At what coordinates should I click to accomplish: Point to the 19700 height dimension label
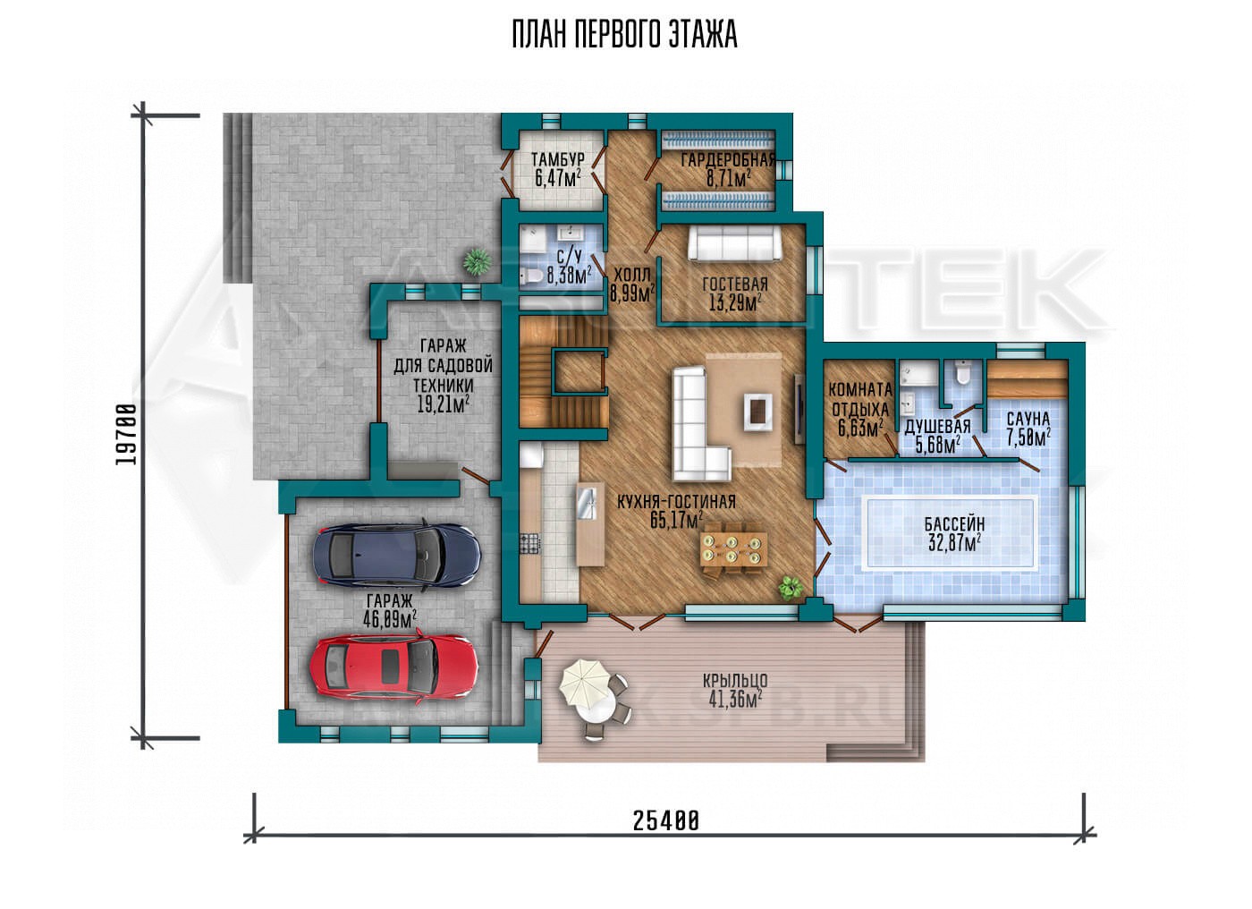pyautogui.click(x=128, y=434)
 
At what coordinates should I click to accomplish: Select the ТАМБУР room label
pyautogui.click(x=557, y=160)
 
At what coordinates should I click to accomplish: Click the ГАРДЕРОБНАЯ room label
pyautogui.click(x=728, y=160)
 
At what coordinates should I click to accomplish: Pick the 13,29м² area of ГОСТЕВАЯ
pyautogui.click(x=735, y=303)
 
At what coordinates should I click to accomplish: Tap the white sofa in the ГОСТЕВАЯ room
pyautogui.click(x=734, y=243)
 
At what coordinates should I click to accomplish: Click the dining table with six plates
pyautogui.click(x=732, y=549)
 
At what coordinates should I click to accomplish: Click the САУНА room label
pyautogui.click(x=1029, y=419)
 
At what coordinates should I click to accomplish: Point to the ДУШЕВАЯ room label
pyautogui.click(x=937, y=427)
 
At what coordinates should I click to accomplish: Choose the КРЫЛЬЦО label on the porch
pyautogui.click(x=735, y=681)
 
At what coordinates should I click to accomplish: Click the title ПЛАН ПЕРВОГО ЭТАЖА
pyautogui.click(x=625, y=35)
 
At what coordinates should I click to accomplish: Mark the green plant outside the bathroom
pyautogui.click(x=478, y=261)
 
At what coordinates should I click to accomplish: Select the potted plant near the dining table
pyautogui.click(x=791, y=588)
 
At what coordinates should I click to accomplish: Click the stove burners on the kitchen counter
pyautogui.click(x=530, y=543)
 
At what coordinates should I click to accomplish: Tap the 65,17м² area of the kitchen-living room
pyautogui.click(x=677, y=521)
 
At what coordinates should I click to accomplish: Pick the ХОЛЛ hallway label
pyautogui.click(x=632, y=275)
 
